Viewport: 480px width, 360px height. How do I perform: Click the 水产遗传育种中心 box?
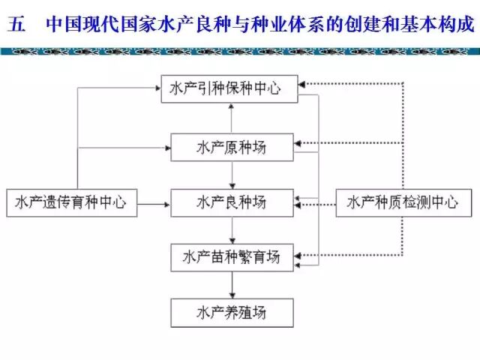click(x=70, y=202)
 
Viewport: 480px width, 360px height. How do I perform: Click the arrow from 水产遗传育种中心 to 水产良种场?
click(x=154, y=202)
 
